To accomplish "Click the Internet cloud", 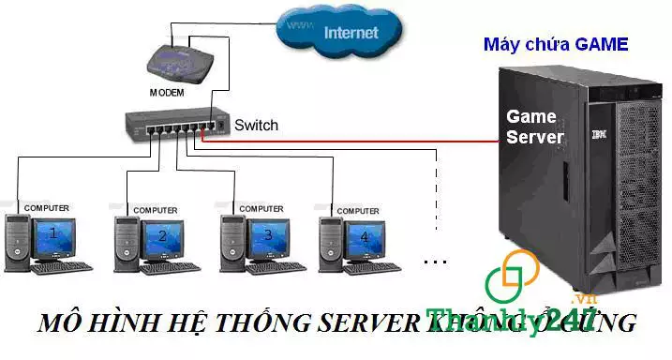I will pos(341,31).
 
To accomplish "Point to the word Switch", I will pos(256,125).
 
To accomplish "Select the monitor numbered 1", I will pos(54,235).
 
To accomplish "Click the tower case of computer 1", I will pos(18,242).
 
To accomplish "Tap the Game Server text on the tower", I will pos(534,127).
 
